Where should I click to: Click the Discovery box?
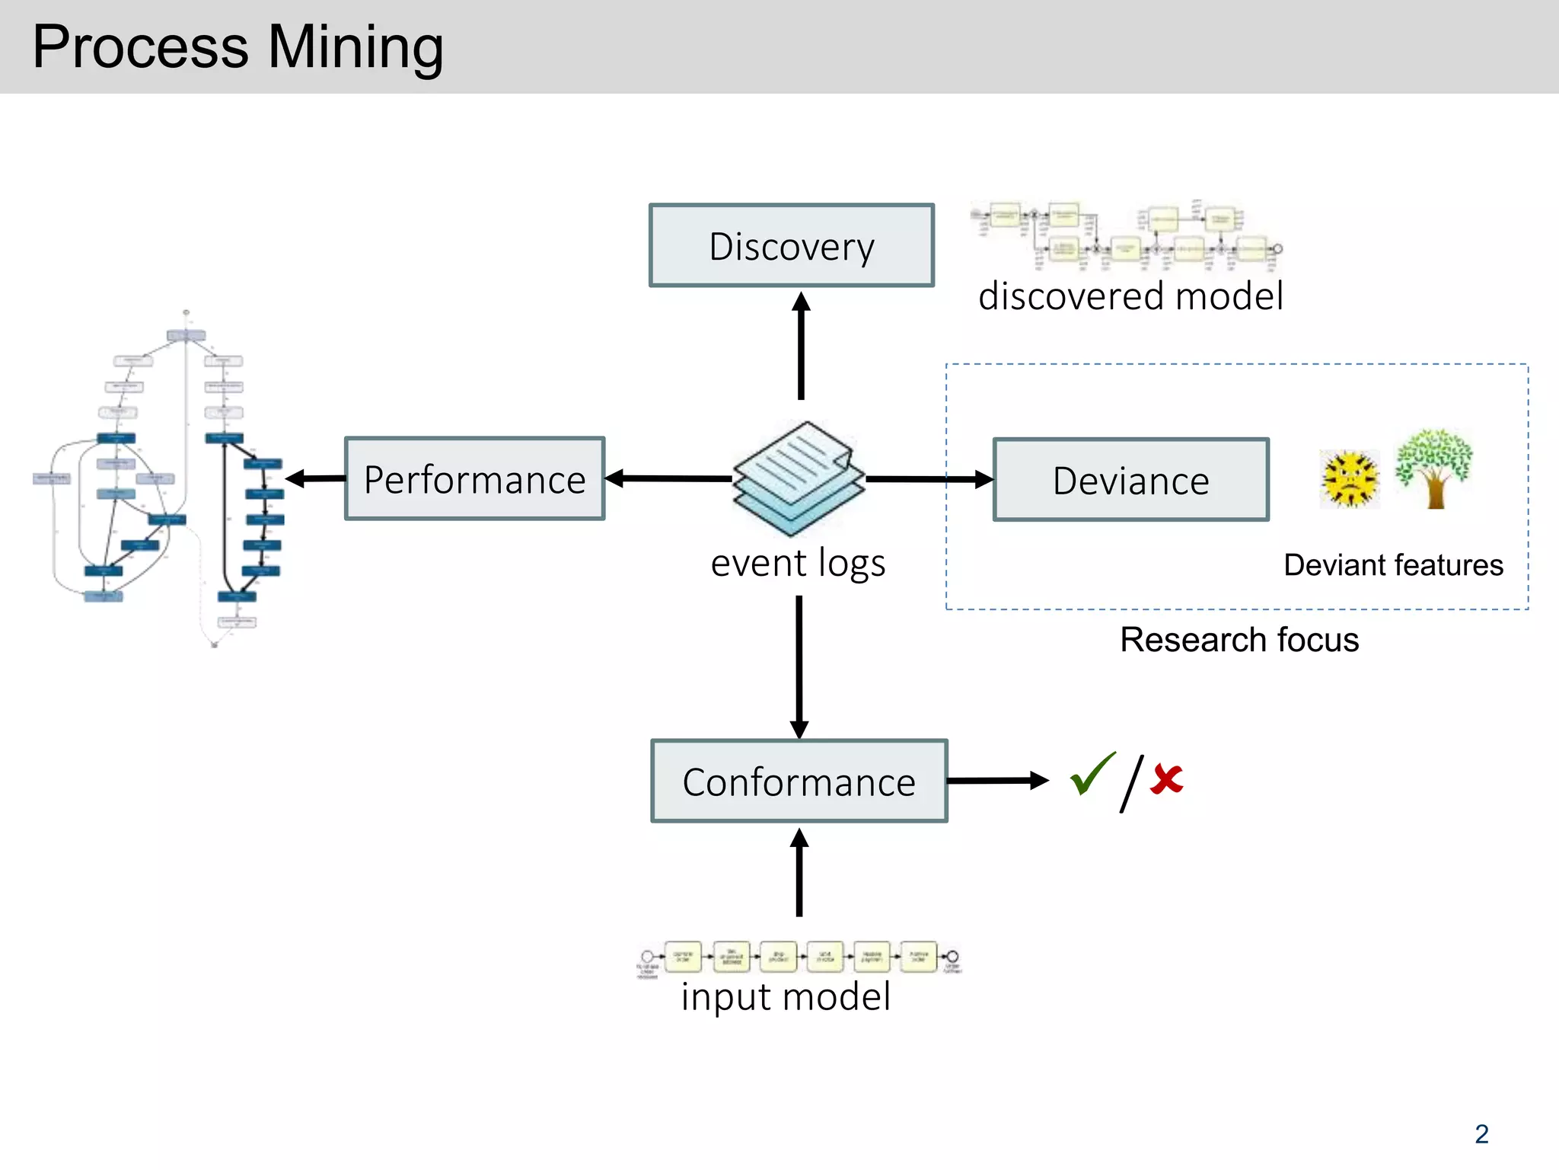coord(791,245)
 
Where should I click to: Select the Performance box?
coord(474,479)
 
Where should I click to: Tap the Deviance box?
coord(1130,480)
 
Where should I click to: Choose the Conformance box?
coord(799,781)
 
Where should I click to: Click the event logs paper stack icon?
coord(798,478)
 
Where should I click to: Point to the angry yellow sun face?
coord(1350,479)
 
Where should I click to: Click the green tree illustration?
coord(1433,468)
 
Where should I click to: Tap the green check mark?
coord(1091,774)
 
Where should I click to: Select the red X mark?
coord(1166,779)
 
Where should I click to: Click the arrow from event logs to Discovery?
coord(800,347)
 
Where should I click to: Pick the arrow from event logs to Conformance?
coord(799,667)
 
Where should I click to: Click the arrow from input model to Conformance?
coord(799,872)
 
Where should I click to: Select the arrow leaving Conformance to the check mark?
coord(997,780)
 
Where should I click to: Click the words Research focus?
coord(1239,640)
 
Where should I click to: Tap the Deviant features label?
coord(1393,565)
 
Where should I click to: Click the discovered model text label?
coord(1130,296)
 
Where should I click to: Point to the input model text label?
coord(785,996)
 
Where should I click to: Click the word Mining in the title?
coord(355,47)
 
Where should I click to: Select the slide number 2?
coord(1481,1133)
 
